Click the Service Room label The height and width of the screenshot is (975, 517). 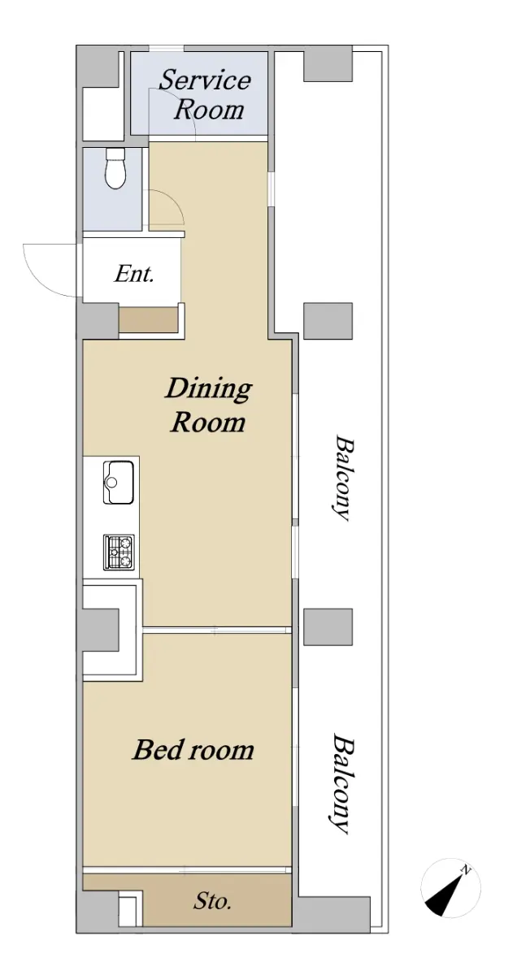point(204,94)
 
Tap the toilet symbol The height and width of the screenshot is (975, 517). point(115,168)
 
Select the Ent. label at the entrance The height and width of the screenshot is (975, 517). point(133,274)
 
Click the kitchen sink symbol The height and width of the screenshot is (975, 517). point(118,483)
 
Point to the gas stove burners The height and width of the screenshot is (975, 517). point(119,552)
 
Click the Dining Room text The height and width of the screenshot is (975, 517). point(208,405)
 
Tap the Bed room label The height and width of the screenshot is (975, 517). point(193,750)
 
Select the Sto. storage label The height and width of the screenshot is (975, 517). point(212,900)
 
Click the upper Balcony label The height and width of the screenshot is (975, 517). point(341,478)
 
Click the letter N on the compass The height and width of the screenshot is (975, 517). point(466,870)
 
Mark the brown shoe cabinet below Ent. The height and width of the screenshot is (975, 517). point(148,320)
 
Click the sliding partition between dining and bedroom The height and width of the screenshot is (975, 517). point(217,630)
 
